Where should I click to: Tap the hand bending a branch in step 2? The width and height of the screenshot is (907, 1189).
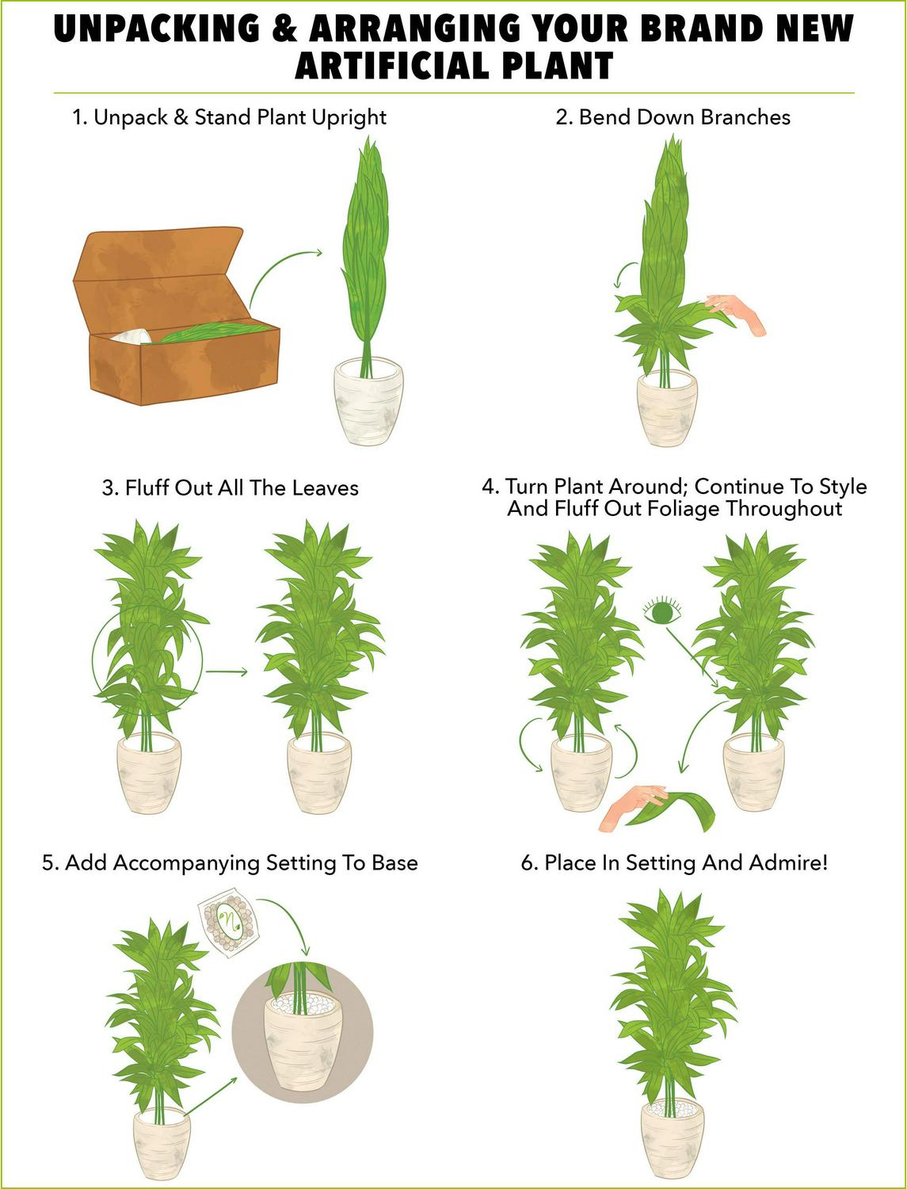click(x=737, y=313)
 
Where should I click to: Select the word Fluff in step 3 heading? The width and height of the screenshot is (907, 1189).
click(x=144, y=488)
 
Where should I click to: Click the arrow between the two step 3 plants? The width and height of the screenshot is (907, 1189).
click(x=227, y=672)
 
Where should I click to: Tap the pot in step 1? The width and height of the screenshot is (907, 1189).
click(x=368, y=401)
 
